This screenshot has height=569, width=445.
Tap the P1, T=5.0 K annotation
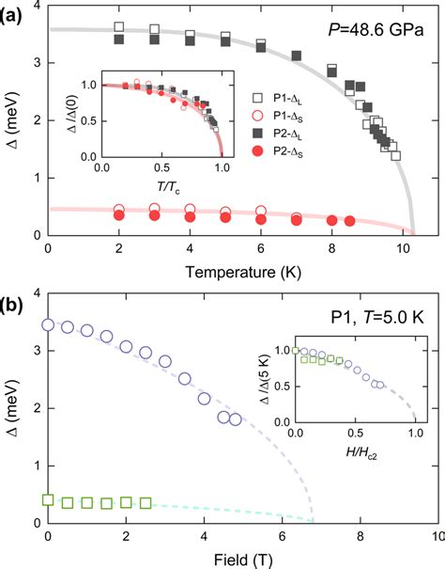point(376,316)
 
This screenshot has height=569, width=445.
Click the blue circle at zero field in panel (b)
point(49,325)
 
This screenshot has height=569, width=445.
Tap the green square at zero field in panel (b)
point(49,500)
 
